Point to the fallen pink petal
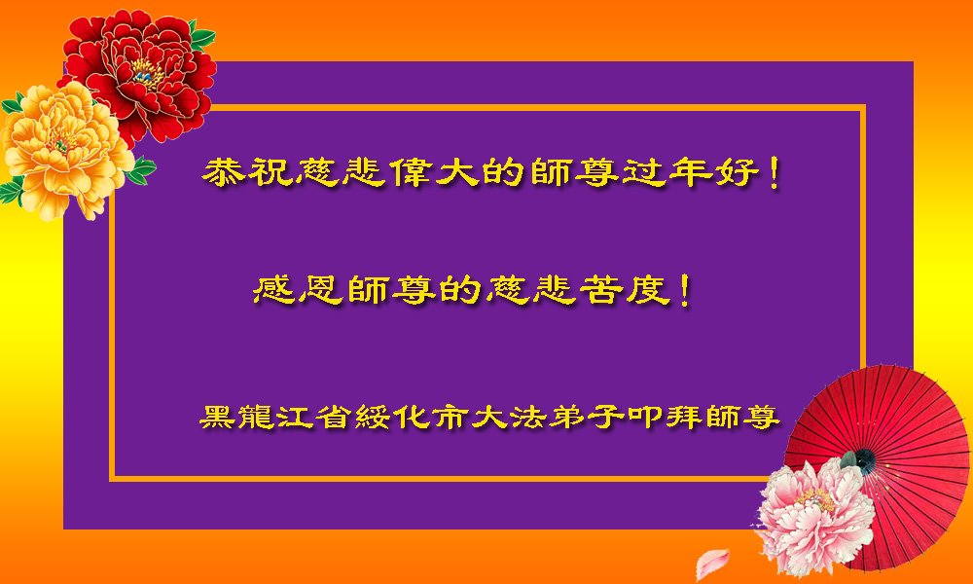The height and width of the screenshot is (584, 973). coord(711,564)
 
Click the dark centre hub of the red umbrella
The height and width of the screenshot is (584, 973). coord(865,460)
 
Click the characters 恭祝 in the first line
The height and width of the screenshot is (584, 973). coord(247,172)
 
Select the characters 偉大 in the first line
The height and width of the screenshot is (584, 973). coord(436,172)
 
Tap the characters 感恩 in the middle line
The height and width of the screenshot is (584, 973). coord(298,290)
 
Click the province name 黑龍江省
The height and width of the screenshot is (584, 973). coord(275,417)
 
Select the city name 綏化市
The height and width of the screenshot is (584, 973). coord(412,417)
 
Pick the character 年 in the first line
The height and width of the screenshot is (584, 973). coord(691,172)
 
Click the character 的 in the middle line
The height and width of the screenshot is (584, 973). coord(461,290)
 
